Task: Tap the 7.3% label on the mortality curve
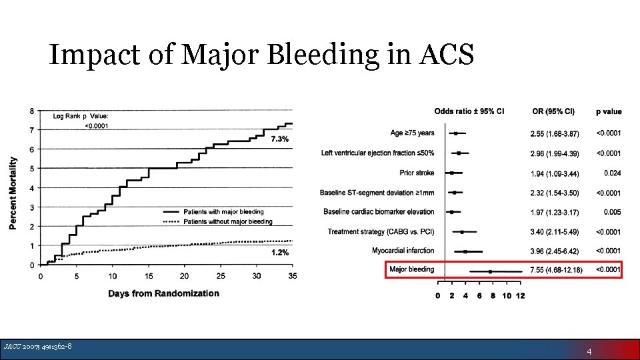279,139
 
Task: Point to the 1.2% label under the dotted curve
279,253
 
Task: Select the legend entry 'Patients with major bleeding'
223,212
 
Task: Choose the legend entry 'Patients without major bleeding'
227,221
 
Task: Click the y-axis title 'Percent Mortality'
13,194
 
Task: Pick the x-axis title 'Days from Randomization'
163,293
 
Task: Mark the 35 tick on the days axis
292,276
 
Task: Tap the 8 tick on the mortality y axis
33,111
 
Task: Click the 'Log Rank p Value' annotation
81,116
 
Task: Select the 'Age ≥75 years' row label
412,133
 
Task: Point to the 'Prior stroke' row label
417,173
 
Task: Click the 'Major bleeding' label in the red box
411,269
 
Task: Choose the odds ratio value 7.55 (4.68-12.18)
556,270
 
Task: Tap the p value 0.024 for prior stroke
612,173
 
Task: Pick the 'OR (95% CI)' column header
553,111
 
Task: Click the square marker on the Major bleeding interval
490,271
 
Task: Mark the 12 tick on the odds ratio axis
520,296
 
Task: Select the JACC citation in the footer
38,346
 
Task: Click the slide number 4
589,351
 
